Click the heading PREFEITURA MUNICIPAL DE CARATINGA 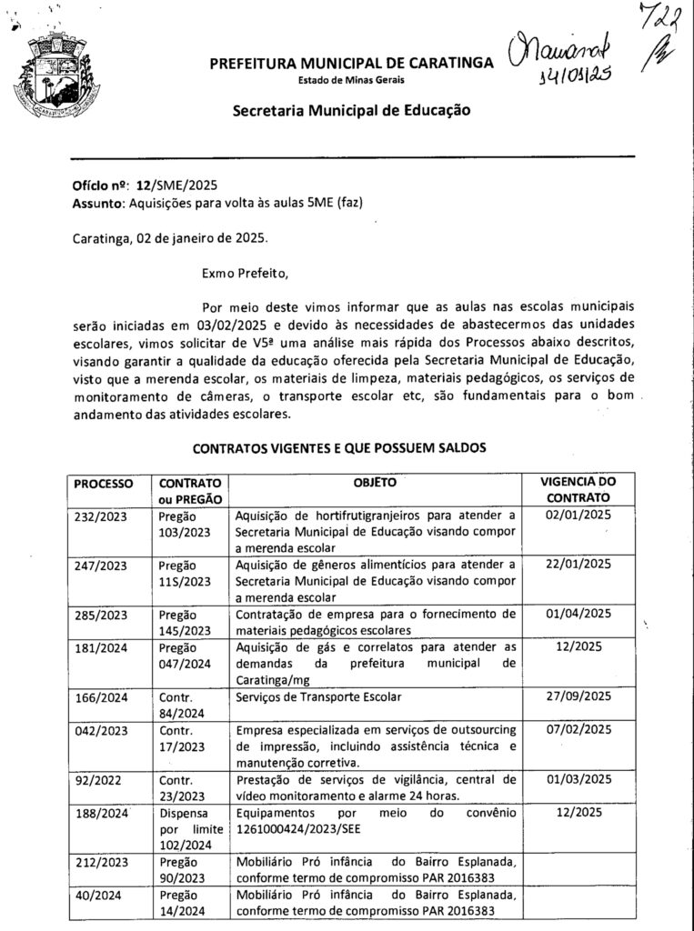click(x=351, y=64)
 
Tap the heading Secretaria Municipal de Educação click(x=351, y=111)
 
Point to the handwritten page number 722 click(x=661, y=19)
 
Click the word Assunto click(x=97, y=203)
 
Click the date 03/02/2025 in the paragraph click(x=228, y=325)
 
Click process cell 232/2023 click(x=102, y=516)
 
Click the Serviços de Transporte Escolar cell click(x=318, y=697)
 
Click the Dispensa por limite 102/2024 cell click(x=186, y=829)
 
